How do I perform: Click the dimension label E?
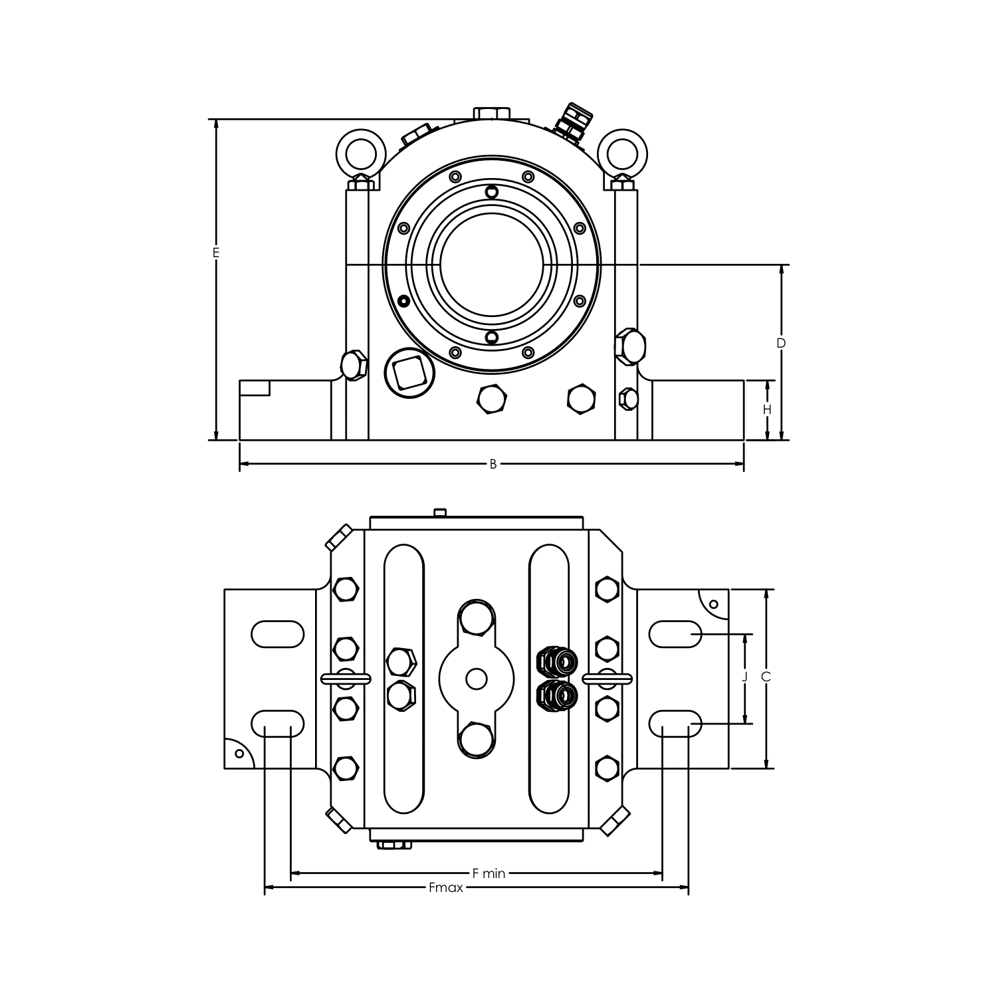coord(215,253)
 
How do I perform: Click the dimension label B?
coord(493,464)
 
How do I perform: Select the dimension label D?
coord(781,343)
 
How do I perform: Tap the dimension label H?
coord(767,409)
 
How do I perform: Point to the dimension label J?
coord(744,677)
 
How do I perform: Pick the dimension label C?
coord(766,677)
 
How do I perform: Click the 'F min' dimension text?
coord(489,873)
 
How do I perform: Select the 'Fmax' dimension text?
coord(445,887)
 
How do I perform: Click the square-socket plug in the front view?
coord(409,373)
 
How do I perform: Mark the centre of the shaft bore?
coord(492,265)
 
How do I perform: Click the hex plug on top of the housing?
coord(492,114)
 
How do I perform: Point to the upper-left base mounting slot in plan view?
coord(278,634)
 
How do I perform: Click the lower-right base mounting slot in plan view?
coord(675,724)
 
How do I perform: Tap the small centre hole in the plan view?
coord(477,679)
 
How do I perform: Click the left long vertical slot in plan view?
coord(404,679)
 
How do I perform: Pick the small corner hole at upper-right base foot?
coord(714,604)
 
